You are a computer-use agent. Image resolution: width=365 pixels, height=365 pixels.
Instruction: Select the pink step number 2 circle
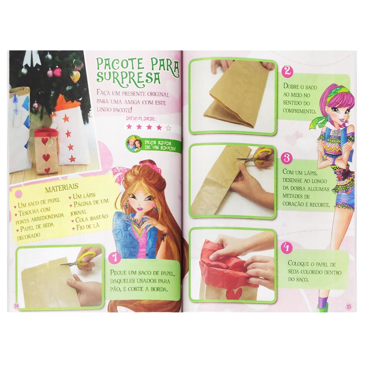[x=288, y=71]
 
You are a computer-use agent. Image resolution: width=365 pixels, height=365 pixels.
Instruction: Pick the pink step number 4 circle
[x=287, y=247]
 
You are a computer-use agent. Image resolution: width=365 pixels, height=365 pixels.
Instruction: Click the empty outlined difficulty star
[x=168, y=128]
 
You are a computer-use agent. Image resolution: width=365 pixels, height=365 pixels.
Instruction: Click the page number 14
[x=16, y=306]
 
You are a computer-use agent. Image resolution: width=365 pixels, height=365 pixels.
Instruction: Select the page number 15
[x=349, y=307]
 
